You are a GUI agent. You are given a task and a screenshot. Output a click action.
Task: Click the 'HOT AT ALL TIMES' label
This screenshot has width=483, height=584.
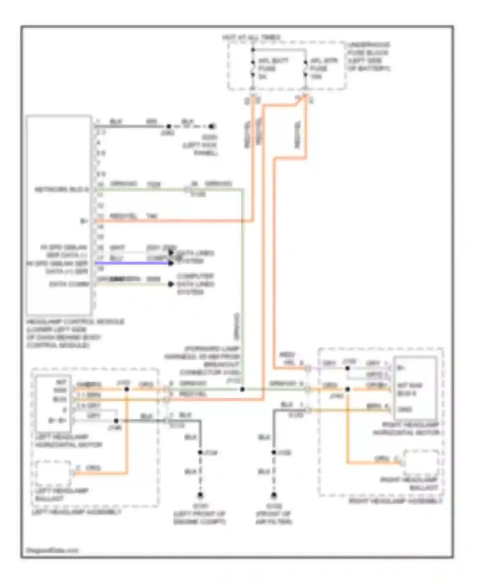251,38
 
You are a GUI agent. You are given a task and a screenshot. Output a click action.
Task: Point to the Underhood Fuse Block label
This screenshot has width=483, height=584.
368,57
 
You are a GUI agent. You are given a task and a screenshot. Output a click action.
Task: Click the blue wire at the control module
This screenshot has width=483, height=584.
132,263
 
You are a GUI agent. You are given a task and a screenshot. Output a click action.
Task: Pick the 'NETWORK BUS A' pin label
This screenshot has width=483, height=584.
61,189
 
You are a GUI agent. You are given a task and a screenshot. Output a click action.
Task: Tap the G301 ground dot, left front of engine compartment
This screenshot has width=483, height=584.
200,495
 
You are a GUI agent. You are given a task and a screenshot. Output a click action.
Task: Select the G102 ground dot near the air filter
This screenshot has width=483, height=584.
274,495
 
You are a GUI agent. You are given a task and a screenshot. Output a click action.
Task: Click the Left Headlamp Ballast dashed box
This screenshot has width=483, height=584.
53,473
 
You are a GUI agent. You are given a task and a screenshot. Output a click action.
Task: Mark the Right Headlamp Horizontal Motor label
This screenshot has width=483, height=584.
406,429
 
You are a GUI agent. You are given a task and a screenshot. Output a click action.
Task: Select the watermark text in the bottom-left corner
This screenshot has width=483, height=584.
52,551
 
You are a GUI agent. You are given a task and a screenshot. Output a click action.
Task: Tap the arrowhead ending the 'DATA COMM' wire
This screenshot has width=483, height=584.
171,284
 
